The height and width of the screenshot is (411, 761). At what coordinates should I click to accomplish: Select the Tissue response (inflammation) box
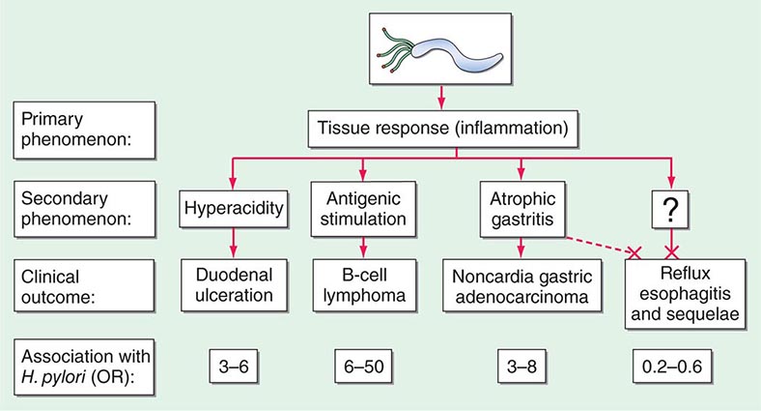click(440, 125)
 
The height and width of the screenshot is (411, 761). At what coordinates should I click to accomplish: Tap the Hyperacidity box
click(232, 205)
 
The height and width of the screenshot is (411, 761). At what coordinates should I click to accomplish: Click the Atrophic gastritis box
click(521, 205)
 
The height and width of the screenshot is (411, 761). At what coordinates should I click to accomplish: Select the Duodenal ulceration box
click(232, 282)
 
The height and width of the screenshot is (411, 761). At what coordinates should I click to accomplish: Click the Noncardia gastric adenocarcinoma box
click(521, 282)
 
